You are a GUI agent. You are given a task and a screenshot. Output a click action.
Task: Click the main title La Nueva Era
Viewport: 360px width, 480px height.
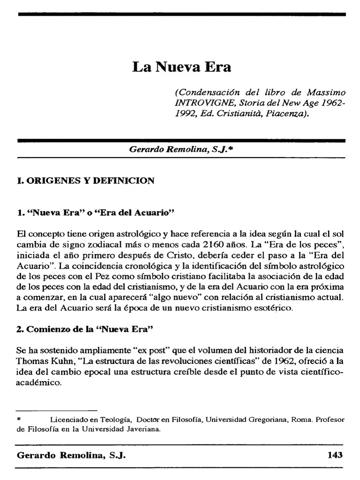181,67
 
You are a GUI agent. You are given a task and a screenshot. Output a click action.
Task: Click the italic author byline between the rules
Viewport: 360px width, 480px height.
181,149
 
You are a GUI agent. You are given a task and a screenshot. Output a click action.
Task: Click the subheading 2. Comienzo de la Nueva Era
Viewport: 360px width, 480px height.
85,329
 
